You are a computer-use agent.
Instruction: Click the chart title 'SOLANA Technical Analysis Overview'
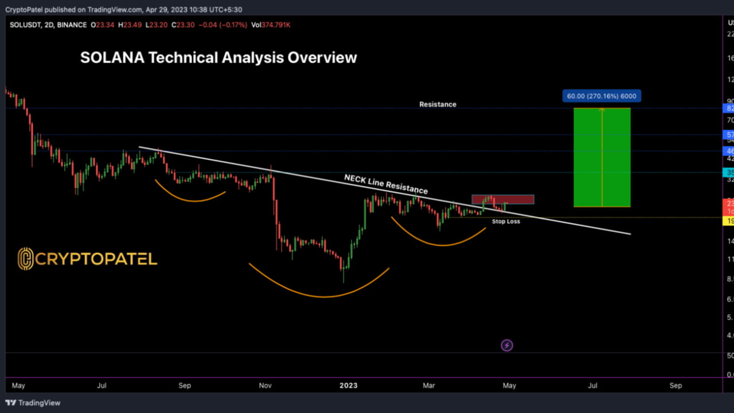[x=218, y=58]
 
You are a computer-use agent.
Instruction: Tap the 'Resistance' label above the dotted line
[x=438, y=104]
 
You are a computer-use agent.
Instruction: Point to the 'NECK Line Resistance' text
[x=385, y=184]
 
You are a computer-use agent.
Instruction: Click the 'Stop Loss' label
[x=506, y=221]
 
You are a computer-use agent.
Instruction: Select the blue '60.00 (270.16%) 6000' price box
[x=602, y=96]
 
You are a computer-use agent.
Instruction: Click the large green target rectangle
[x=602, y=157]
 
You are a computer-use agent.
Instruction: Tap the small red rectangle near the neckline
[x=503, y=199]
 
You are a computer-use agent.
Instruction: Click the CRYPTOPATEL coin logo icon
[x=25, y=259]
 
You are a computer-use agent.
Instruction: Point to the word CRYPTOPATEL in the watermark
[x=96, y=259]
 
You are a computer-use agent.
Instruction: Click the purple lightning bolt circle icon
[x=507, y=345]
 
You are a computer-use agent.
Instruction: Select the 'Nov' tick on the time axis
[x=265, y=385]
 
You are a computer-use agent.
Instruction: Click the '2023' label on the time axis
[x=348, y=385]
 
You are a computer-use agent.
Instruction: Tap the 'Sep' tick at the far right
[x=676, y=385]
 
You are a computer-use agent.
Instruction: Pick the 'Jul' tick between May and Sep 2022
[x=101, y=385]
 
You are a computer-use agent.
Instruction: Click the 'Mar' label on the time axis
[x=428, y=385]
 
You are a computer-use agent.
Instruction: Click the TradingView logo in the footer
[x=33, y=403]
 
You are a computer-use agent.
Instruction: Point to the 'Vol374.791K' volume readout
[x=271, y=25]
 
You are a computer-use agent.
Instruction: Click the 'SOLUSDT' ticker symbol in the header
[x=24, y=25]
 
